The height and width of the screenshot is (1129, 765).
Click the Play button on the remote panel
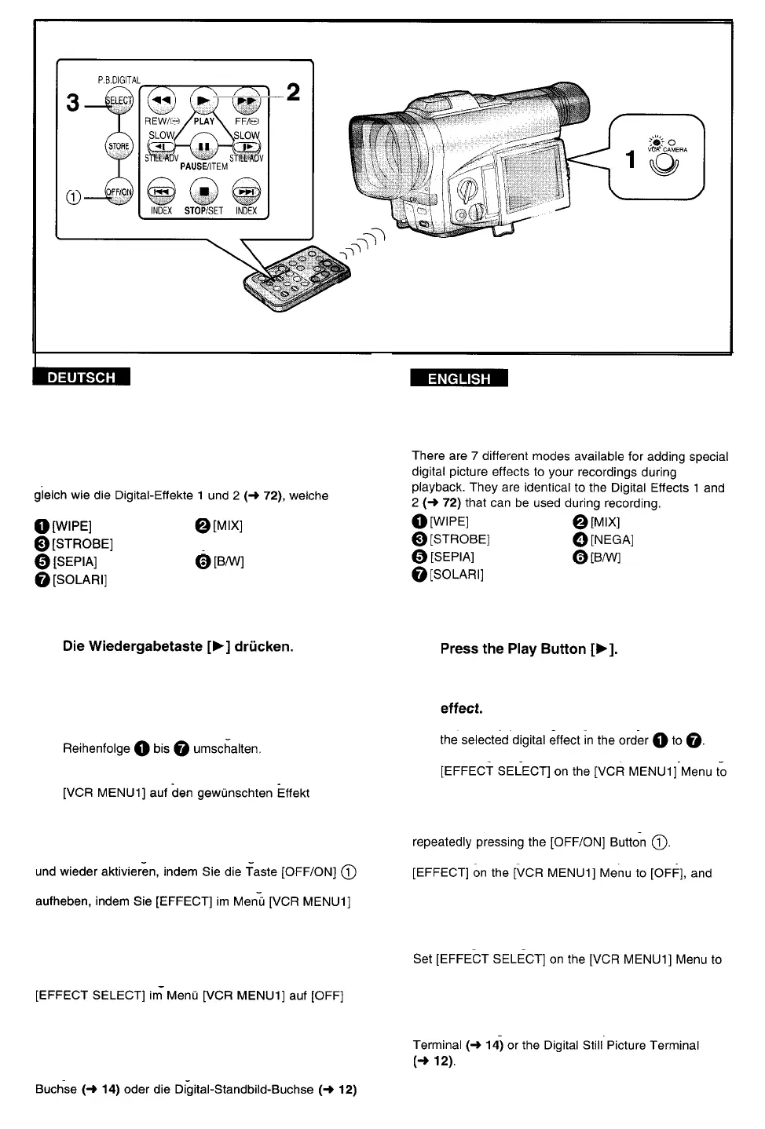coord(204,100)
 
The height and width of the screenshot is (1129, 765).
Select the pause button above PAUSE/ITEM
coord(204,147)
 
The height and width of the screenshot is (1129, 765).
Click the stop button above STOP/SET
coord(204,192)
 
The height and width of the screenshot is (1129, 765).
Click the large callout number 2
coord(293,93)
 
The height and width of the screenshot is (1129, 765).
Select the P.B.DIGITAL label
coord(118,79)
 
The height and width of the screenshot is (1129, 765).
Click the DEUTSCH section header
coord(82,378)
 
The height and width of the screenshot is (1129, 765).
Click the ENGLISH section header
coord(459,378)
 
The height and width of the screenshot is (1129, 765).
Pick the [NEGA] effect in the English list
coord(611,539)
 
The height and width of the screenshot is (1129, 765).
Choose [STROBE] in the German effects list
coord(82,543)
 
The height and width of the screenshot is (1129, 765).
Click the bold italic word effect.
coord(461,708)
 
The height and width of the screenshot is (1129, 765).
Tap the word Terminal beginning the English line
coord(437,1045)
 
